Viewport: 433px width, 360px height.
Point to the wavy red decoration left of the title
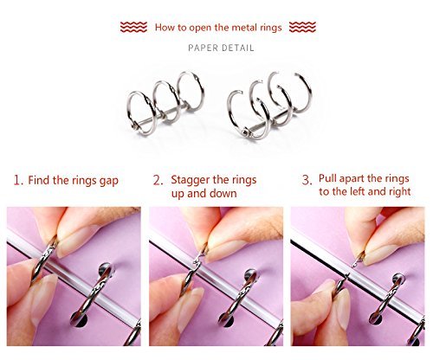(133, 27)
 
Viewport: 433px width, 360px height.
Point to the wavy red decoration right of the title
(302, 27)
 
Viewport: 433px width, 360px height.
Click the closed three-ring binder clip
(165, 103)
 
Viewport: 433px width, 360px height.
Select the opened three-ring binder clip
(269, 106)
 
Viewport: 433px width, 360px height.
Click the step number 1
(18, 181)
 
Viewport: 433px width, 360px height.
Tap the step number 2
(158, 181)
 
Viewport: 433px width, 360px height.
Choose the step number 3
(307, 180)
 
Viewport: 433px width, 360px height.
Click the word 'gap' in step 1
(109, 182)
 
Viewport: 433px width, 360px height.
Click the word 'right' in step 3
(399, 192)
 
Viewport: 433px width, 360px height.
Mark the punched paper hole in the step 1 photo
(80, 318)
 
